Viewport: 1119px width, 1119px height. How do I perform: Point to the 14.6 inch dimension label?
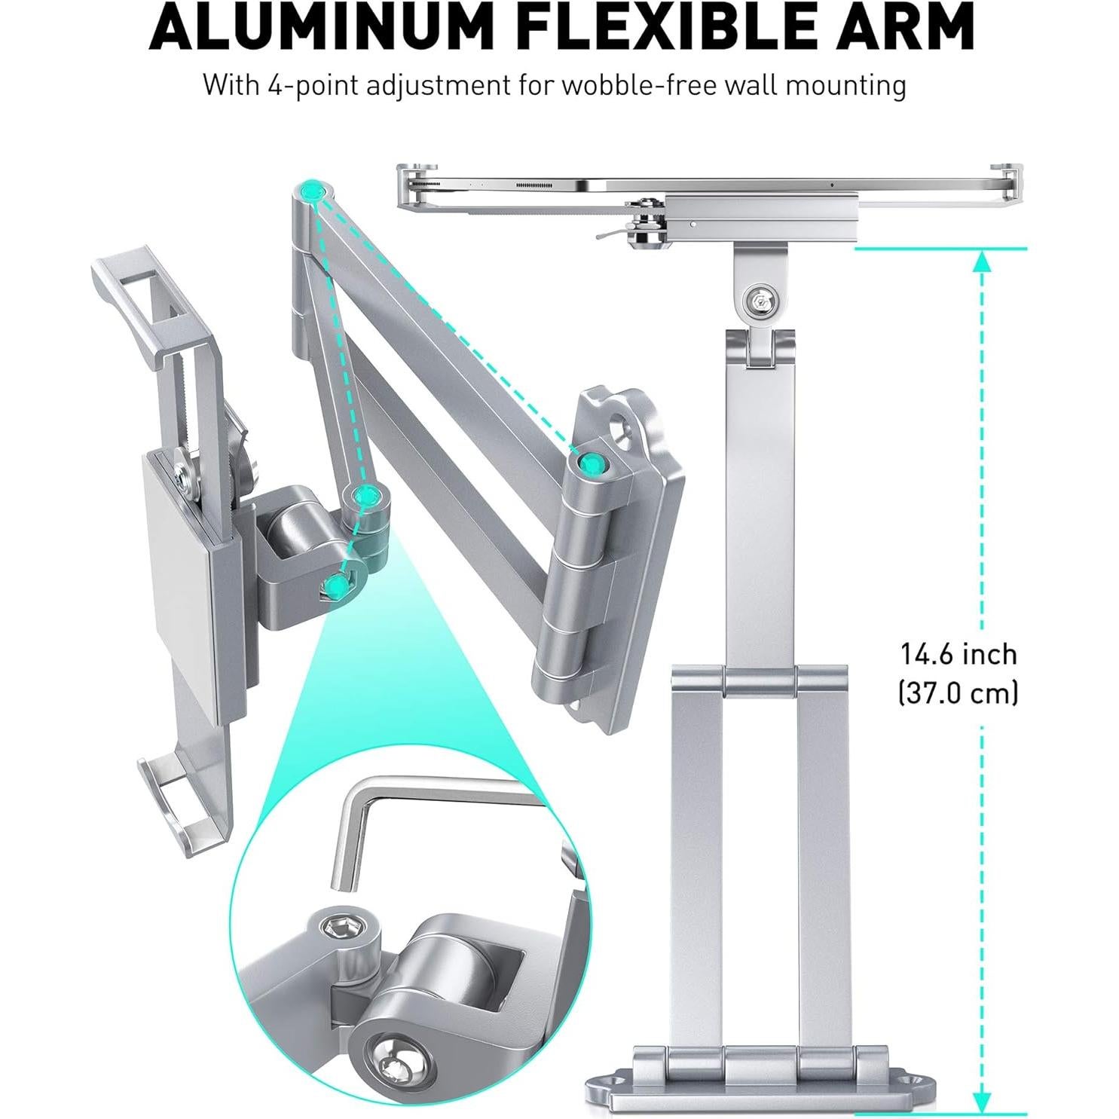click(x=958, y=654)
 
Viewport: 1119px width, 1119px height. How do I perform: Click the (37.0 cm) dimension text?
click(x=958, y=692)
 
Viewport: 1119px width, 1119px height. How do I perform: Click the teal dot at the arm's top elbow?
click(x=310, y=193)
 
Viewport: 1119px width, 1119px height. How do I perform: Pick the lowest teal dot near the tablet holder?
click(x=338, y=584)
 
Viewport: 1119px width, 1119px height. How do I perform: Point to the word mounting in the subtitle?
click(x=845, y=85)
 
